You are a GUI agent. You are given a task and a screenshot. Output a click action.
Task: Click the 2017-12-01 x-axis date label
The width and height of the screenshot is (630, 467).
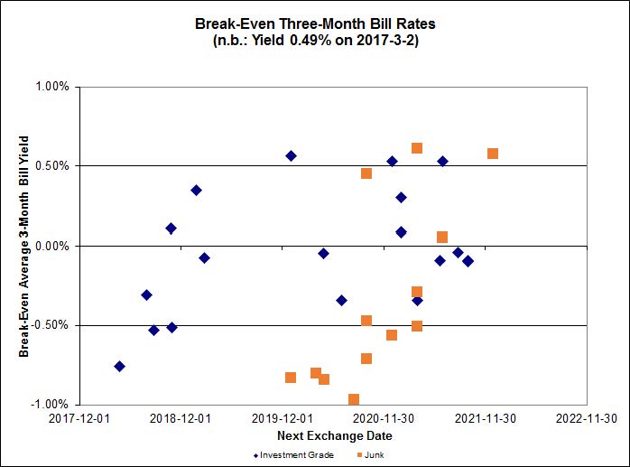click(x=79, y=418)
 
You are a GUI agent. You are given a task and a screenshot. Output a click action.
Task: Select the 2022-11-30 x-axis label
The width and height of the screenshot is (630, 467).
click(x=587, y=418)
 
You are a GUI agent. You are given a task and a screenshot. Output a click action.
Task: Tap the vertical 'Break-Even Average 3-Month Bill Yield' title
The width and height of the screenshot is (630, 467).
click(x=24, y=246)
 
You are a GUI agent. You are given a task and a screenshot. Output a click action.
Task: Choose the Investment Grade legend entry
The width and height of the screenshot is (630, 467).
click(x=294, y=454)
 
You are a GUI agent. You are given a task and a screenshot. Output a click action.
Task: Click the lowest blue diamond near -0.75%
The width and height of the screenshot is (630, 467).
click(x=119, y=366)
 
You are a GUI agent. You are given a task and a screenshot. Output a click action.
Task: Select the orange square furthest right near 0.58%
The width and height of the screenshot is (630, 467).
click(x=493, y=154)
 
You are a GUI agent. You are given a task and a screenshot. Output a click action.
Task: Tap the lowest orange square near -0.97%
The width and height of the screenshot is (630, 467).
click(x=354, y=399)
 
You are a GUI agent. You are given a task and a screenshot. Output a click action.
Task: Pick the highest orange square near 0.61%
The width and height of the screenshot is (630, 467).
click(x=417, y=148)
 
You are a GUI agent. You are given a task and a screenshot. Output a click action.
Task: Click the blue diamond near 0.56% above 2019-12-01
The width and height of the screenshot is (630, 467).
click(x=291, y=155)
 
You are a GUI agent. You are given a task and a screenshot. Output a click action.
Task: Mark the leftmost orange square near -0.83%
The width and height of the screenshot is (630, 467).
click(x=291, y=378)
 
